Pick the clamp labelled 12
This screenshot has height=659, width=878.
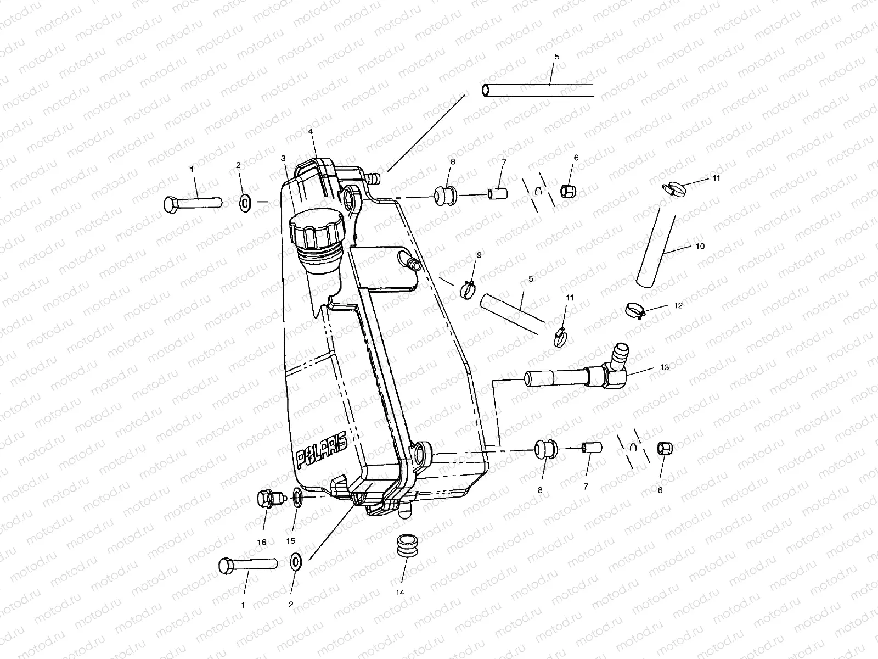[635, 310]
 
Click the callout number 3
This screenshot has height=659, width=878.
[283, 158]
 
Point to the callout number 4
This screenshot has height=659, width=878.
[311, 132]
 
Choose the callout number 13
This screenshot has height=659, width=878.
[665, 367]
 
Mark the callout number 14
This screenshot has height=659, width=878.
[400, 593]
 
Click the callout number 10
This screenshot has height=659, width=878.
[700, 247]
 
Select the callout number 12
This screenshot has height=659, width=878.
[678, 305]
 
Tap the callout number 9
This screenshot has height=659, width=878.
[479, 255]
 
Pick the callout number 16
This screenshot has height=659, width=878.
[261, 542]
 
